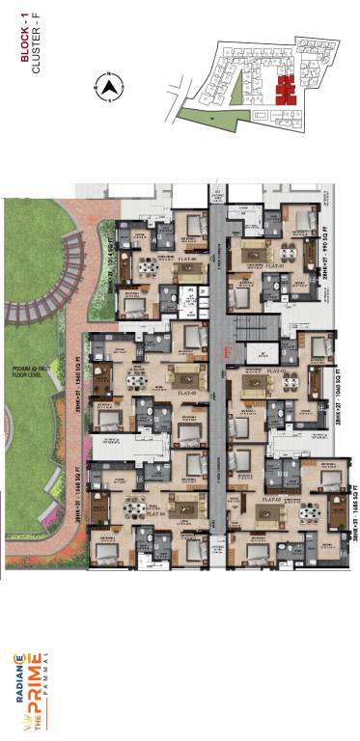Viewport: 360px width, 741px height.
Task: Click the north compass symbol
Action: [110, 88]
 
